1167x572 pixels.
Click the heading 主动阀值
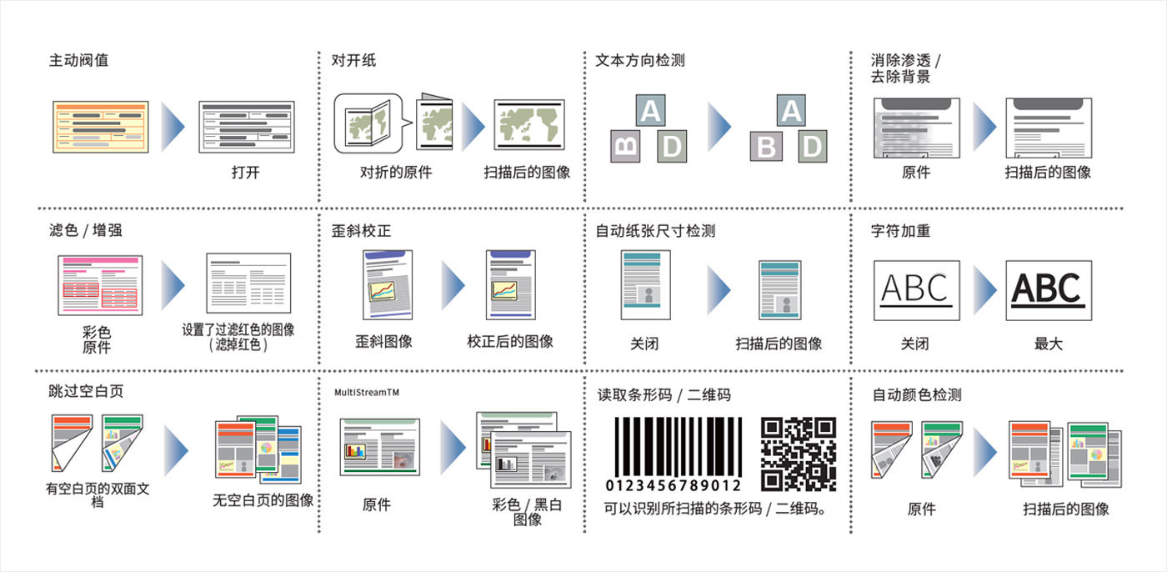78,60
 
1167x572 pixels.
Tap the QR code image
799,454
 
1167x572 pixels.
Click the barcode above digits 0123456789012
679,446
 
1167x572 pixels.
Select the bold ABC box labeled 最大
1049,290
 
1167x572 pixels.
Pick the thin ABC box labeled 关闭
916,290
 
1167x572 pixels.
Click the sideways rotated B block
625,147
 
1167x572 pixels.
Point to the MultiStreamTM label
367,392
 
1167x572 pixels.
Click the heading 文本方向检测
640,60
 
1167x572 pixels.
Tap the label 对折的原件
396,172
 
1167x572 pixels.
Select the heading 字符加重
900,230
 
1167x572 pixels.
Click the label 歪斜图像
383,341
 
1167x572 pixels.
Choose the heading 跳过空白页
86,391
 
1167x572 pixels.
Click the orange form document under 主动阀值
101,127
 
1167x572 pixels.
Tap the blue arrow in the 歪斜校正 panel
453,285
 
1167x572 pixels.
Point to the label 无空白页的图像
263,500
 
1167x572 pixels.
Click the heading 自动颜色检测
917,394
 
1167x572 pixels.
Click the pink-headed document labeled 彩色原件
100,285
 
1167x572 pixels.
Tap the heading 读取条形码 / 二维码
664,395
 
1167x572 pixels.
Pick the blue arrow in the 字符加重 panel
984,289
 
